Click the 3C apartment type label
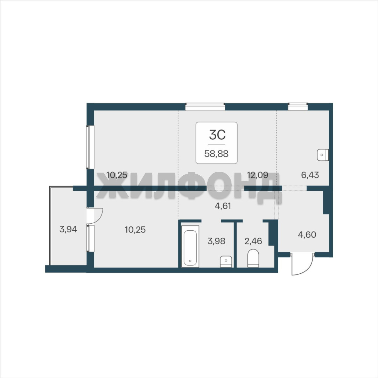[x=217, y=135]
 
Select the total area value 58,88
[x=216, y=154]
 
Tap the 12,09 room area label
[x=258, y=175]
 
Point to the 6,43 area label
[x=310, y=175]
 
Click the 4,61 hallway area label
[x=223, y=206]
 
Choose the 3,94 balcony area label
[x=68, y=229]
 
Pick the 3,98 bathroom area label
[x=216, y=241]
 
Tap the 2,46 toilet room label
[x=253, y=241]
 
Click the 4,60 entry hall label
[x=307, y=234]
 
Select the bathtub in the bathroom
[x=190, y=246]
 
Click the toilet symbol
[x=253, y=258]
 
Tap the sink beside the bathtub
[x=226, y=262]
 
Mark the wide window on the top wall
[x=205, y=107]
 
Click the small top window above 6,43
[x=298, y=107]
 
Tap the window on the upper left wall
[x=90, y=147]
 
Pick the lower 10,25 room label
[x=135, y=230]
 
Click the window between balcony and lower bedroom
[x=90, y=239]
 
